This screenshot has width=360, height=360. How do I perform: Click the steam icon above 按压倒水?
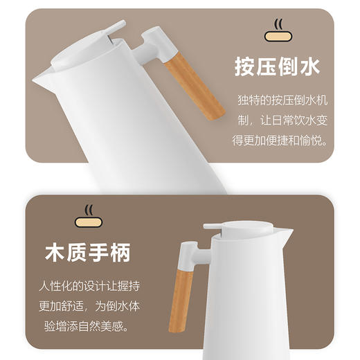(279, 31)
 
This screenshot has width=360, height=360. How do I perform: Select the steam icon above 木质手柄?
(88, 216)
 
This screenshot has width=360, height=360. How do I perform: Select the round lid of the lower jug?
(239, 228)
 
